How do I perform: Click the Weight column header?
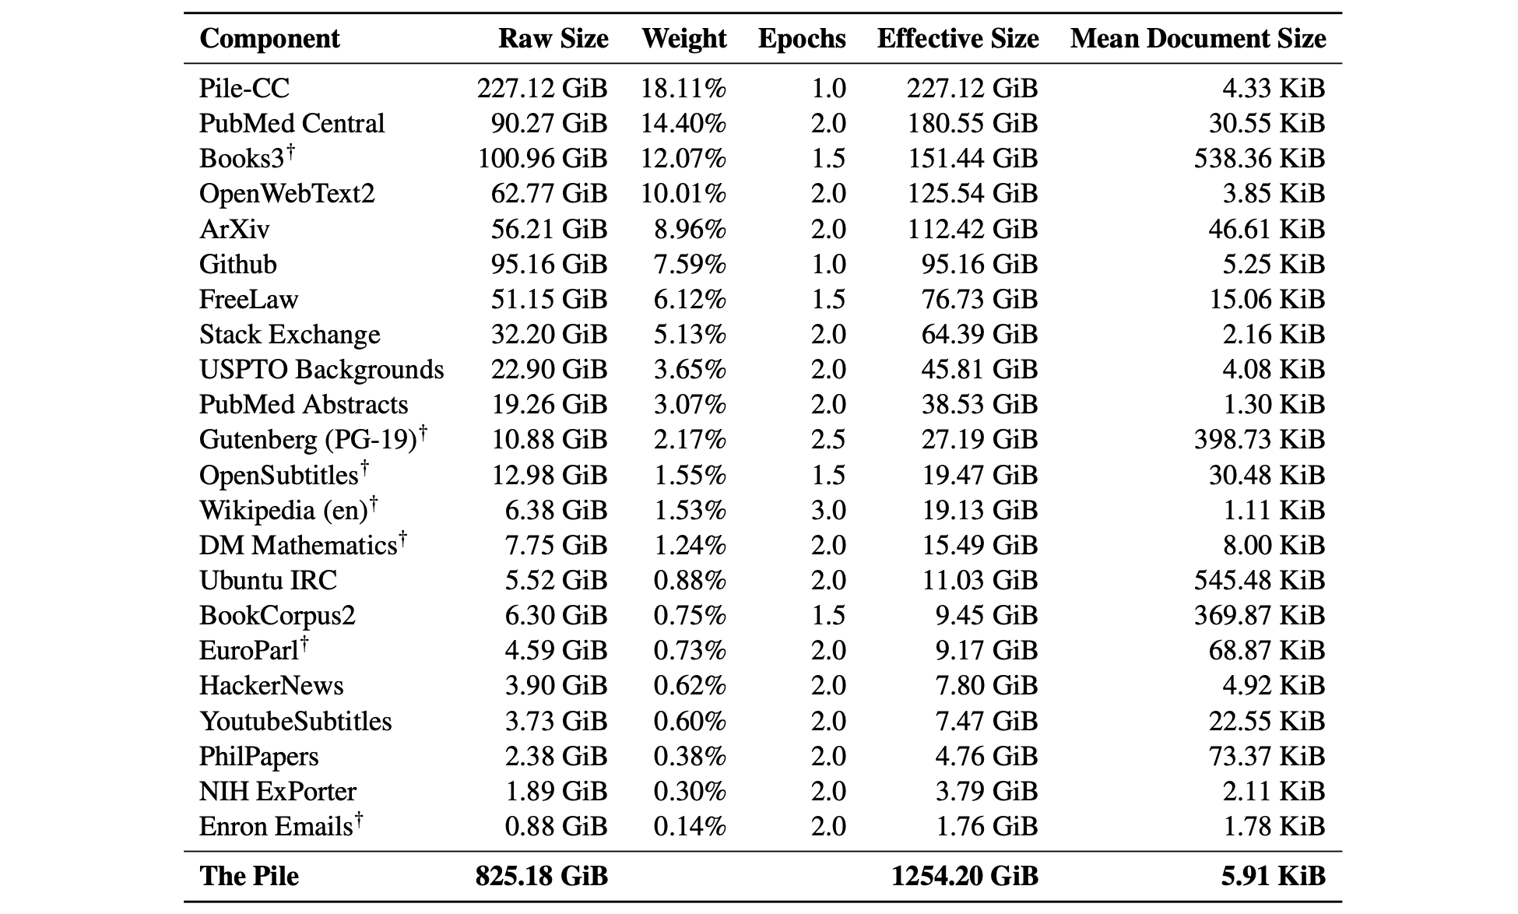(x=683, y=39)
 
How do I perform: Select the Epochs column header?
(x=802, y=39)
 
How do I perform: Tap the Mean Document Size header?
(x=1197, y=39)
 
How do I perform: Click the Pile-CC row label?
(x=244, y=88)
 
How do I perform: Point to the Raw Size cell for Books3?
(x=542, y=159)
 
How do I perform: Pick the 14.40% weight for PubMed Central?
(x=683, y=124)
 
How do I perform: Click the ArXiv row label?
(x=234, y=229)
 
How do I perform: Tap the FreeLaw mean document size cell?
(x=1267, y=300)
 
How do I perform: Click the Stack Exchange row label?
(x=290, y=335)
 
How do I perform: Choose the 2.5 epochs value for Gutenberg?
(x=828, y=440)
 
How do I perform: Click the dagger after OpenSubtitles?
(x=364, y=468)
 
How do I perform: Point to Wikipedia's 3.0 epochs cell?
(x=828, y=511)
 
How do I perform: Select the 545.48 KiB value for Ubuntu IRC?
(x=1259, y=581)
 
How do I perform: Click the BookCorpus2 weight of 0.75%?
(x=690, y=616)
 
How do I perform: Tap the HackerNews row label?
(x=271, y=686)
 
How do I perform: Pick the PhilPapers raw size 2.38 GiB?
(x=556, y=757)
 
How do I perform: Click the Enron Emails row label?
(x=276, y=827)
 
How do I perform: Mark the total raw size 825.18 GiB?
(x=541, y=877)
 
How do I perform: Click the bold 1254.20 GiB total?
(x=965, y=877)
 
